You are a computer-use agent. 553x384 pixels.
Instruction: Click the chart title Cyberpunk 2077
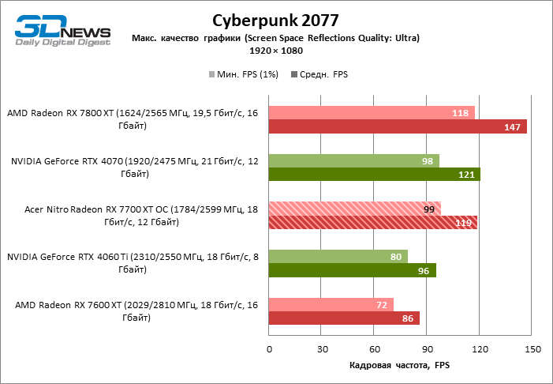click(276, 20)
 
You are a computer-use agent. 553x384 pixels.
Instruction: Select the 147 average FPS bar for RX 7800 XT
click(398, 126)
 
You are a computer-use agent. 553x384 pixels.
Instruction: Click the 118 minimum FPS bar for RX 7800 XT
click(372, 113)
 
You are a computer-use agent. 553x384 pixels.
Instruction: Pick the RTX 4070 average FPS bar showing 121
click(375, 175)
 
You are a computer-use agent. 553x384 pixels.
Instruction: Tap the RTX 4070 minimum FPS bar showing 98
click(354, 161)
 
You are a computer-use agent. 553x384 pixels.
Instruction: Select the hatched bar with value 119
click(373, 223)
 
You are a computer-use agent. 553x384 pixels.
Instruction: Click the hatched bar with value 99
click(355, 209)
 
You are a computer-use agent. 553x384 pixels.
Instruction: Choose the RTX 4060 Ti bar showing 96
click(353, 270)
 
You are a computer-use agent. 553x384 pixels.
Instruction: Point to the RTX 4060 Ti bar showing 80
click(338, 257)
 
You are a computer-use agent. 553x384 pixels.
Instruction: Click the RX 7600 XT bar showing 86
click(344, 318)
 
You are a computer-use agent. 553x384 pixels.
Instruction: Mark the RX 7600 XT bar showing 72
click(331, 305)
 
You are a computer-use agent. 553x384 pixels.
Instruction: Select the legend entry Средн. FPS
click(320, 74)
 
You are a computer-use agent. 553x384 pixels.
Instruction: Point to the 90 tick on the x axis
click(428, 349)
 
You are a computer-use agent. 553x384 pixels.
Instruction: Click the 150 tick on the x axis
click(532, 349)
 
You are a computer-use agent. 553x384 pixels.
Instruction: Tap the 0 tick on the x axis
click(269, 349)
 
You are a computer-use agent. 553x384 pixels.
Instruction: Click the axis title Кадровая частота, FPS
click(398, 366)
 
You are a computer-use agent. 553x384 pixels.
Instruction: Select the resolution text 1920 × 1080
click(276, 50)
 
